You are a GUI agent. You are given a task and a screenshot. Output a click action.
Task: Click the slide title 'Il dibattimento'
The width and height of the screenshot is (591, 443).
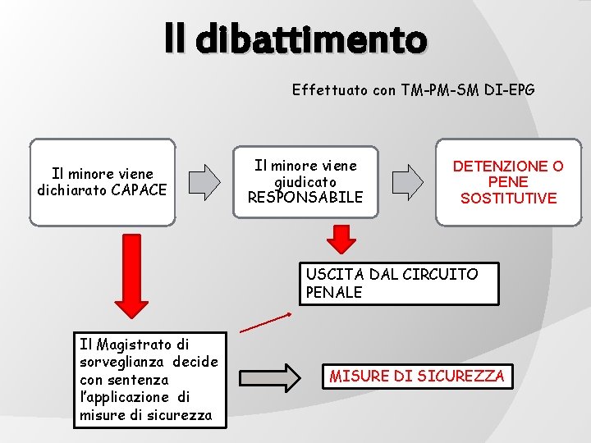295,39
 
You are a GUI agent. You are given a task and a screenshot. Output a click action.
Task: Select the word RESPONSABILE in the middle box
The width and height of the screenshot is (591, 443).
305,197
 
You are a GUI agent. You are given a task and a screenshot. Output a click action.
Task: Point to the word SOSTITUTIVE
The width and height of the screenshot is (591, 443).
508,198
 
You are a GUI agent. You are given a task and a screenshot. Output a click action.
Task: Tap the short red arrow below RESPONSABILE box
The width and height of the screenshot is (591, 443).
341,239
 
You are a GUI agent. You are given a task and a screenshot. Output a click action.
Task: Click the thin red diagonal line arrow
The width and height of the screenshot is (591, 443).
265,322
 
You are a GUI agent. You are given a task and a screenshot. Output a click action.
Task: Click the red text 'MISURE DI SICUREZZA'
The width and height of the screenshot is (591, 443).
417,377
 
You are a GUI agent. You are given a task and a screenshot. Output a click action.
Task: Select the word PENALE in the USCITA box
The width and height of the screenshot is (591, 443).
333,292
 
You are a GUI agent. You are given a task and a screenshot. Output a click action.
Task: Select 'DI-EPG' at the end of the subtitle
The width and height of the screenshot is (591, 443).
508,90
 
